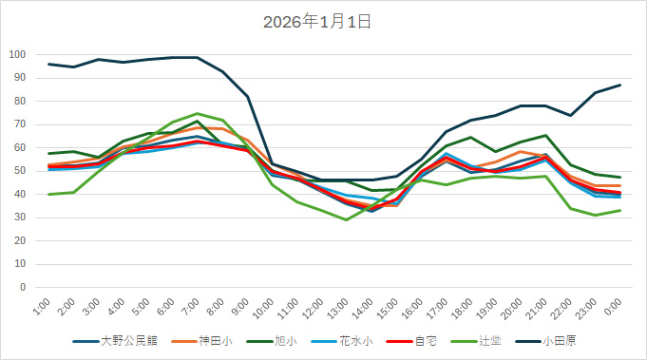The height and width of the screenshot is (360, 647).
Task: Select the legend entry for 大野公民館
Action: pyautogui.click(x=124, y=340)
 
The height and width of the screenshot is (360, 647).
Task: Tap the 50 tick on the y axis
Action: pyautogui.click(x=20, y=171)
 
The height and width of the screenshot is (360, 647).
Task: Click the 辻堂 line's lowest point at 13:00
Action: pyautogui.click(x=347, y=219)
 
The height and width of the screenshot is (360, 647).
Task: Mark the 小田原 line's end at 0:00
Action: pyautogui.click(x=620, y=85)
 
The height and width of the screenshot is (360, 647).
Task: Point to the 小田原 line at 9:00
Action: pyautogui.click(x=248, y=96)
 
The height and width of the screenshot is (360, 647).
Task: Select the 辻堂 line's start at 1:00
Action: pyautogui.click(x=49, y=194)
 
